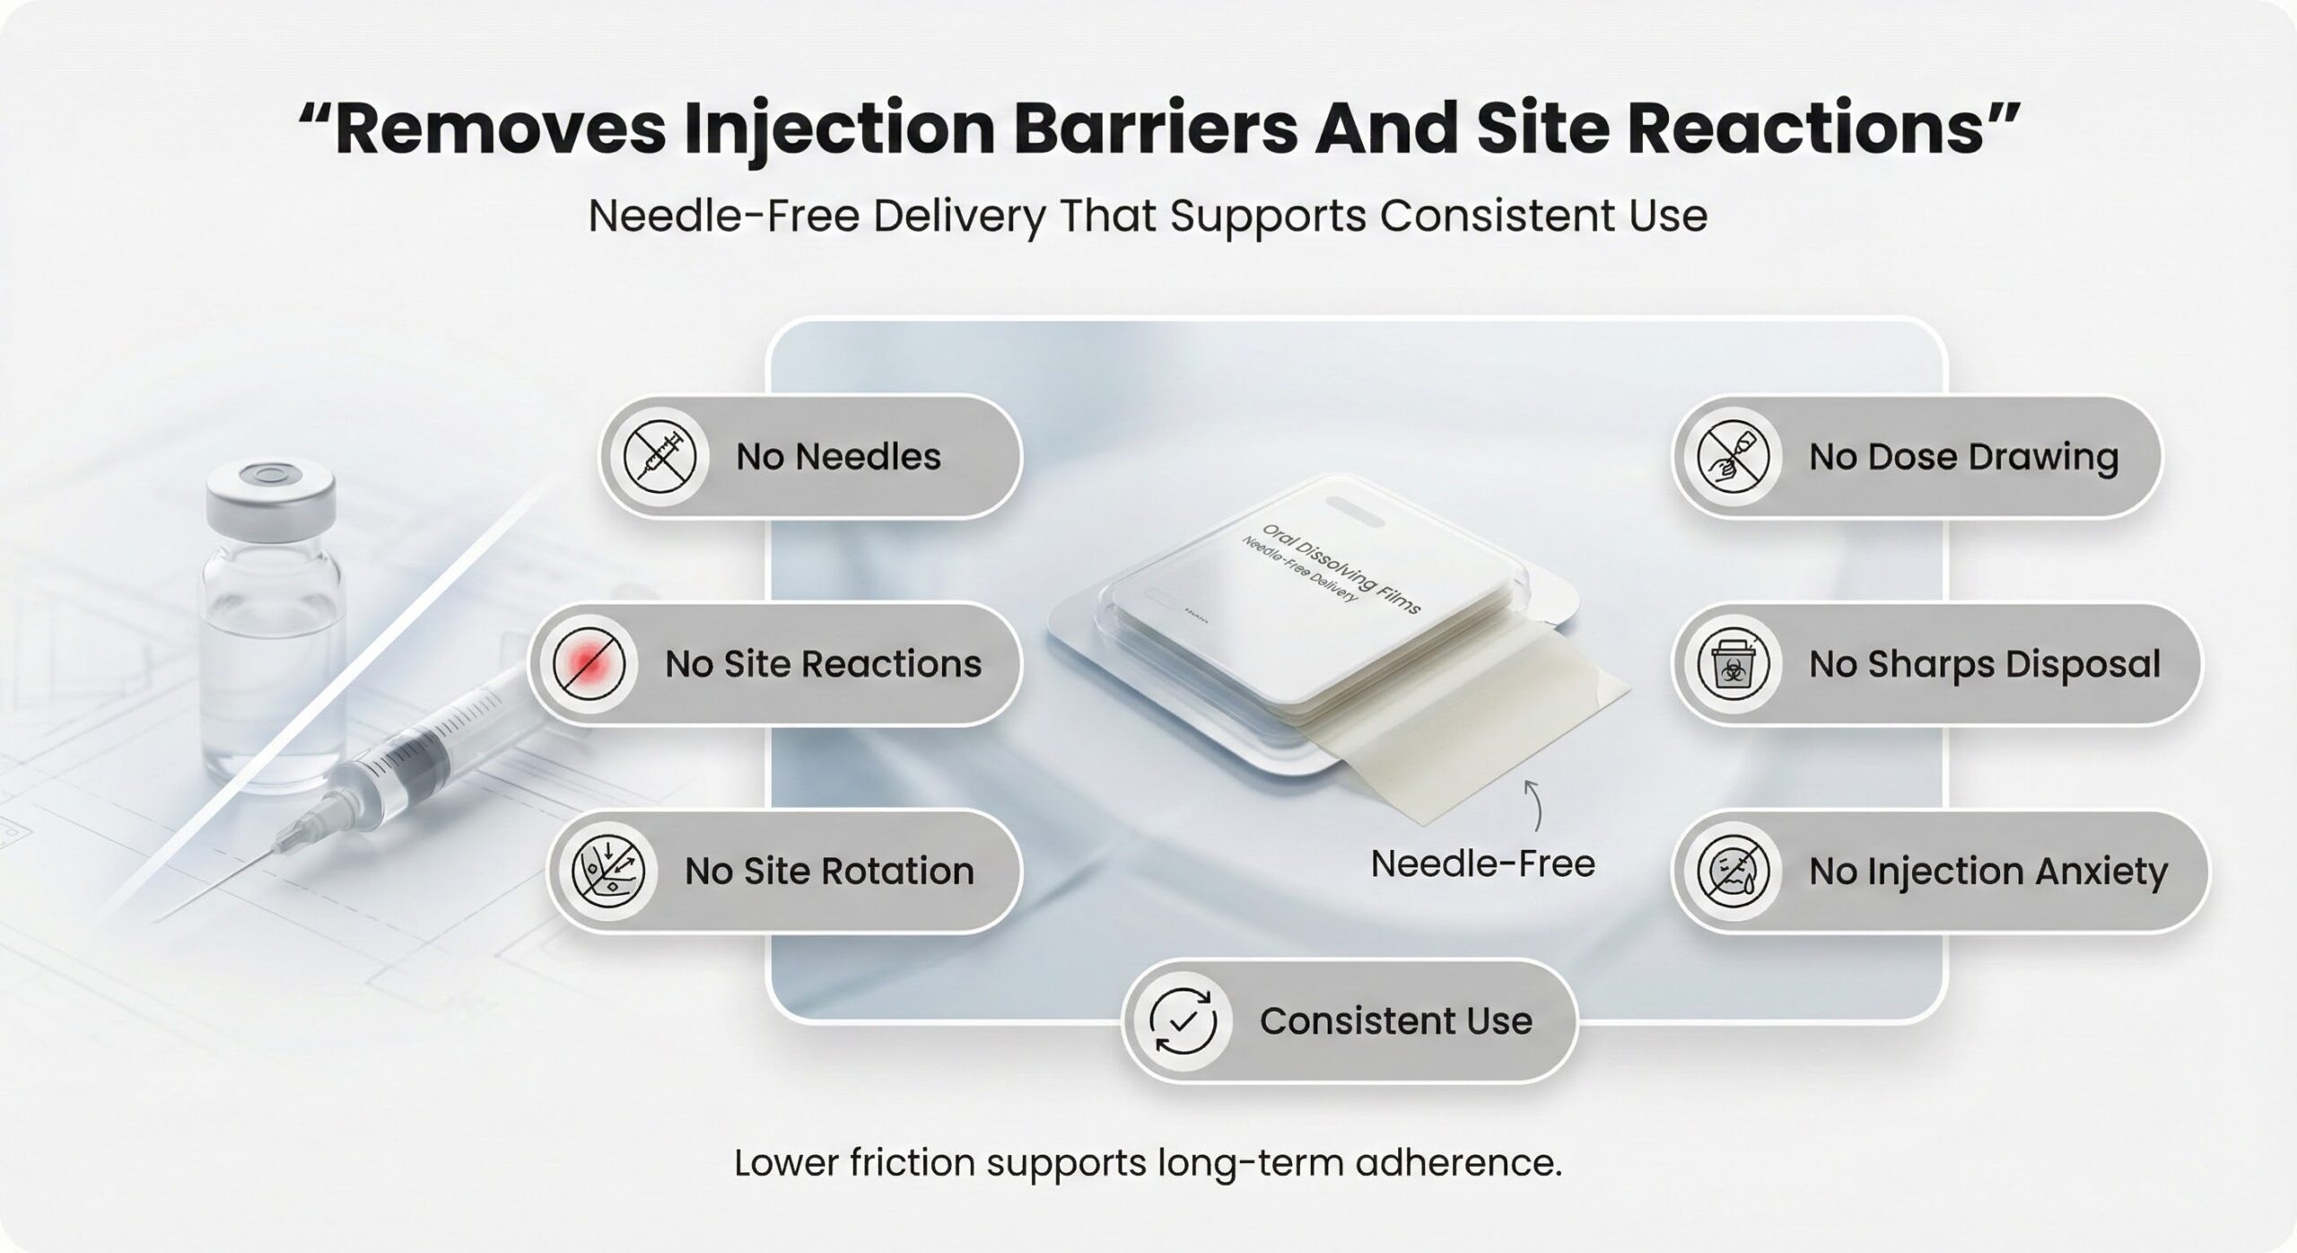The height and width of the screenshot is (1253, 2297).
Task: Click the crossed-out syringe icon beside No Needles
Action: pos(660,457)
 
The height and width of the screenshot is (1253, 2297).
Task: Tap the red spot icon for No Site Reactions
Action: pos(589,664)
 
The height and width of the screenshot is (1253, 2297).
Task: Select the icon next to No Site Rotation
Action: pos(608,872)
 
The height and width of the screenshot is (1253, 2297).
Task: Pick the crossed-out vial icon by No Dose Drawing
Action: pos(1734,457)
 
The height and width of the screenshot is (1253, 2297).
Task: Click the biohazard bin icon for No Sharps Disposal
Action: pos(1734,664)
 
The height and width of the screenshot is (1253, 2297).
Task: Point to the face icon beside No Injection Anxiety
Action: pos(1734,872)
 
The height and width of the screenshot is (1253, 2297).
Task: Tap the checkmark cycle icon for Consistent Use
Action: pos(1183,1021)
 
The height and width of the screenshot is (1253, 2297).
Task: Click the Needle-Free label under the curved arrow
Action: pos(1483,864)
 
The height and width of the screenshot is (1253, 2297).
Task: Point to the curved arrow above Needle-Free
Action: pos(1535,804)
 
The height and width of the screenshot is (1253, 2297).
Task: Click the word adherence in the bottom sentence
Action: pos(1459,1162)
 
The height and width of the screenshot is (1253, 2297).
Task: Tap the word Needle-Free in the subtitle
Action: pos(724,216)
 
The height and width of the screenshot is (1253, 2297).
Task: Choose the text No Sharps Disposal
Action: pos(1985,664)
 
